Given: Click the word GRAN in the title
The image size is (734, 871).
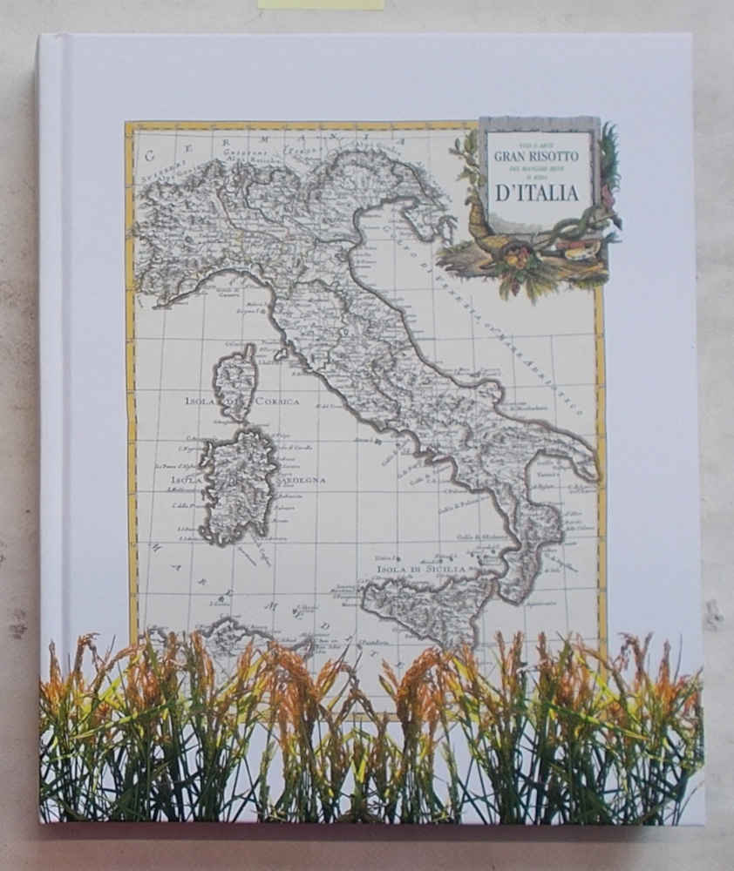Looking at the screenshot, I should click(x=512, y=157).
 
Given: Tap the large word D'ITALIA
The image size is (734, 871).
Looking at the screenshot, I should click(x=537, y=193).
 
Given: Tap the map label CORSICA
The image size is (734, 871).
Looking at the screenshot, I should click(x=276, y=402).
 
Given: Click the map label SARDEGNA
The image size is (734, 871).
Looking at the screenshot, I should click(x=302, y=480).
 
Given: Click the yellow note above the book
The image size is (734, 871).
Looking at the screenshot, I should click(x=320, y=4).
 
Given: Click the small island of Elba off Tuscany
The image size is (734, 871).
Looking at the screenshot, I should click(x=280, y=354).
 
